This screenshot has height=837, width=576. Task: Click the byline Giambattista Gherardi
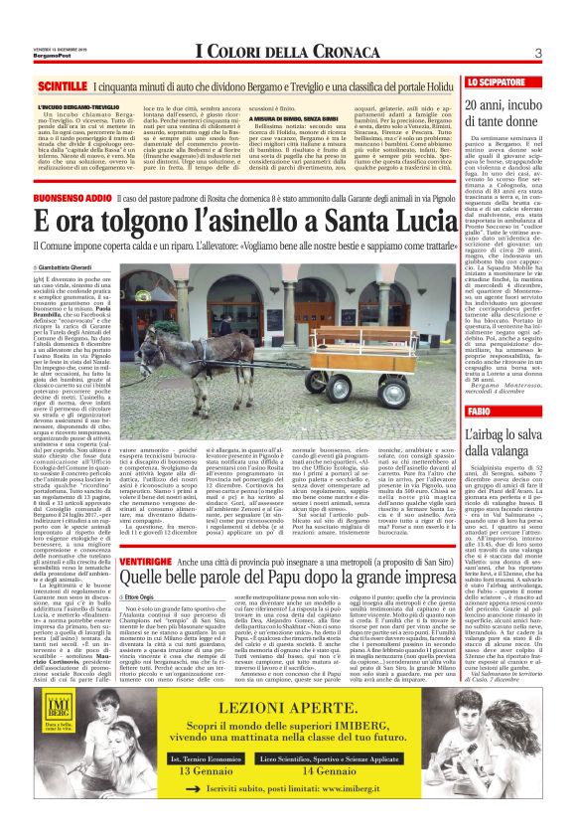click(x=72, y=267)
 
